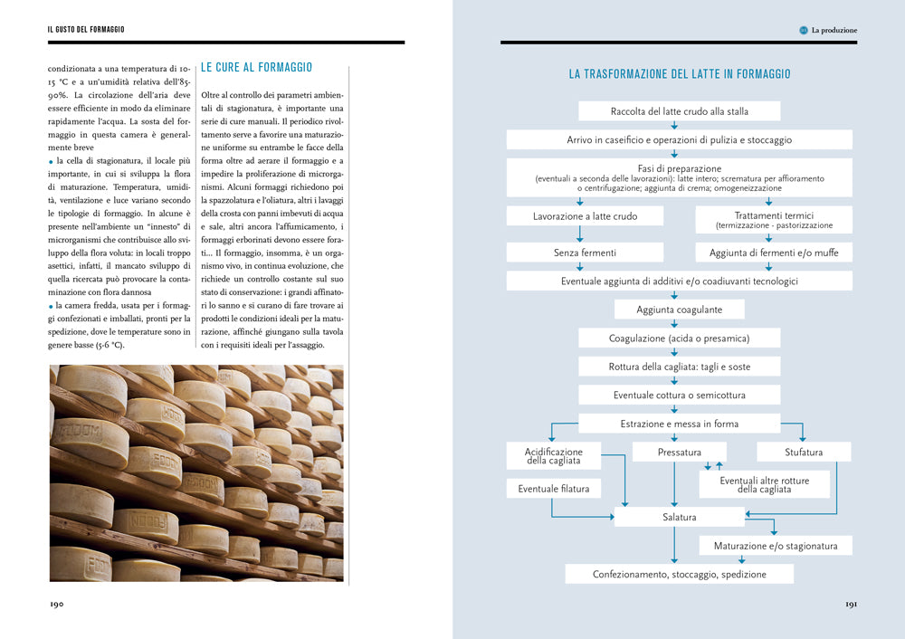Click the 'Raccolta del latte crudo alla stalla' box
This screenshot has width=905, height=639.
coord(679,111)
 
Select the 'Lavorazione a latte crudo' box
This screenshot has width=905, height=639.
coord(585,216)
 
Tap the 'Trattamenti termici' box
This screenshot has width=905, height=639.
coord(774,220)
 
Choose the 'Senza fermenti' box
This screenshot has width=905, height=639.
coord(585,253)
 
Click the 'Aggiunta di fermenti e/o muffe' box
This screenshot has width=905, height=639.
coord(774,253)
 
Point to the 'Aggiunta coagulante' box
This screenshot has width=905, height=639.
coord(679,309)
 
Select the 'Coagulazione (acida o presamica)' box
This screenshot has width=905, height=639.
coord(679,338)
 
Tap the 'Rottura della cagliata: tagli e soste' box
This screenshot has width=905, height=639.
coord(679,367)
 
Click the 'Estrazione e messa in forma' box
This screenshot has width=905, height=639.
coord(679,423)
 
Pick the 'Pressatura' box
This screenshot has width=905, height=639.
coord(679,452)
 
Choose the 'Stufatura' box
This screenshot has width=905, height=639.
coord(803,452)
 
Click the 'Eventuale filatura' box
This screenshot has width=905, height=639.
coord(553,489)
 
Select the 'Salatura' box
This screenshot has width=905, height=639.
coord(679,517)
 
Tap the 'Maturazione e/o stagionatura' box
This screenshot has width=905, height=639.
coord(775,546)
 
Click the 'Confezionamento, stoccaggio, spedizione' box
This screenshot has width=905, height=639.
coord(679,574)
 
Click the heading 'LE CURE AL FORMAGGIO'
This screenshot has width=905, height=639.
coord(256,67)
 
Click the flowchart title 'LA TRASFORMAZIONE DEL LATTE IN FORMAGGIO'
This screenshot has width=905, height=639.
coord(679,74)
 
